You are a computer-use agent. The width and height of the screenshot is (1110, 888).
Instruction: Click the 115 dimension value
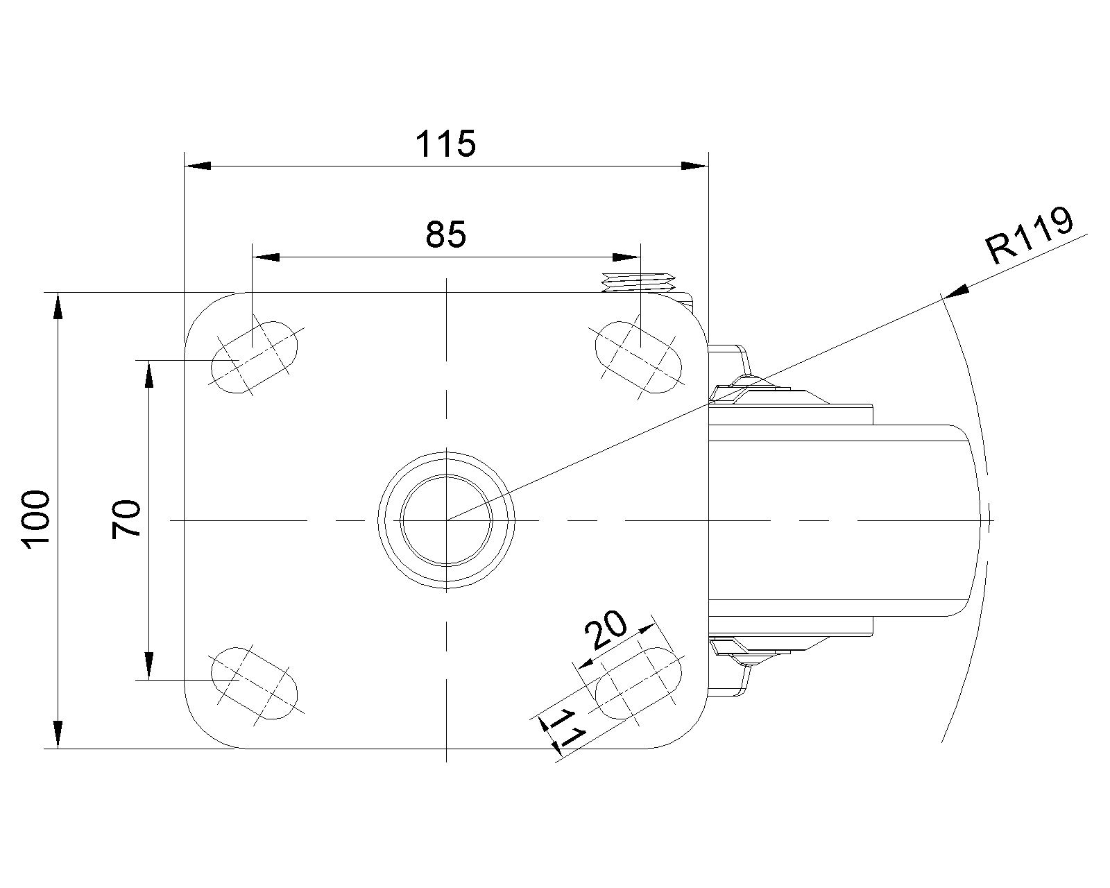pos(445,144)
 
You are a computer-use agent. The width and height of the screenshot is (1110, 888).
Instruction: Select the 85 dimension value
pos(445,235)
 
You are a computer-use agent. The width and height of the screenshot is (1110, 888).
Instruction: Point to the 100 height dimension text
pos(36,520)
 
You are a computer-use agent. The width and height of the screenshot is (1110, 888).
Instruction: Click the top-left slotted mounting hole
pos(254,357)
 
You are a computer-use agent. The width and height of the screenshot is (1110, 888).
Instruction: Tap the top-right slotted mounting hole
pos(638,357)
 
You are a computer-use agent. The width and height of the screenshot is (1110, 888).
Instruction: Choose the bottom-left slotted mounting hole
pos(254,683)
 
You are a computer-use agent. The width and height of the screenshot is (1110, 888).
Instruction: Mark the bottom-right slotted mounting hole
pos(638,683)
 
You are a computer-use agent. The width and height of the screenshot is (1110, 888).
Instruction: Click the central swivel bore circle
pos(447,520)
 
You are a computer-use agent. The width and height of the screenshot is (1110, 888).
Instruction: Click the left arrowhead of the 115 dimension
pos(198,166)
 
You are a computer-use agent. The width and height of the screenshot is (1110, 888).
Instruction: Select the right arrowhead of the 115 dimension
pos(694,166)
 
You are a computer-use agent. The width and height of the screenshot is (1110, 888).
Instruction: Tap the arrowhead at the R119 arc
pos(957,291)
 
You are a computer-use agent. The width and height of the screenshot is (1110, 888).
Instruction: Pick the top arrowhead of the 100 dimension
pos(58,305)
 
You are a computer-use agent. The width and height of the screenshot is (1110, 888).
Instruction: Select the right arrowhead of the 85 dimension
pos(627,257)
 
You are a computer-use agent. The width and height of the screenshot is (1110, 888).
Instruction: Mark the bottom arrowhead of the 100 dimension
pos(58,735)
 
